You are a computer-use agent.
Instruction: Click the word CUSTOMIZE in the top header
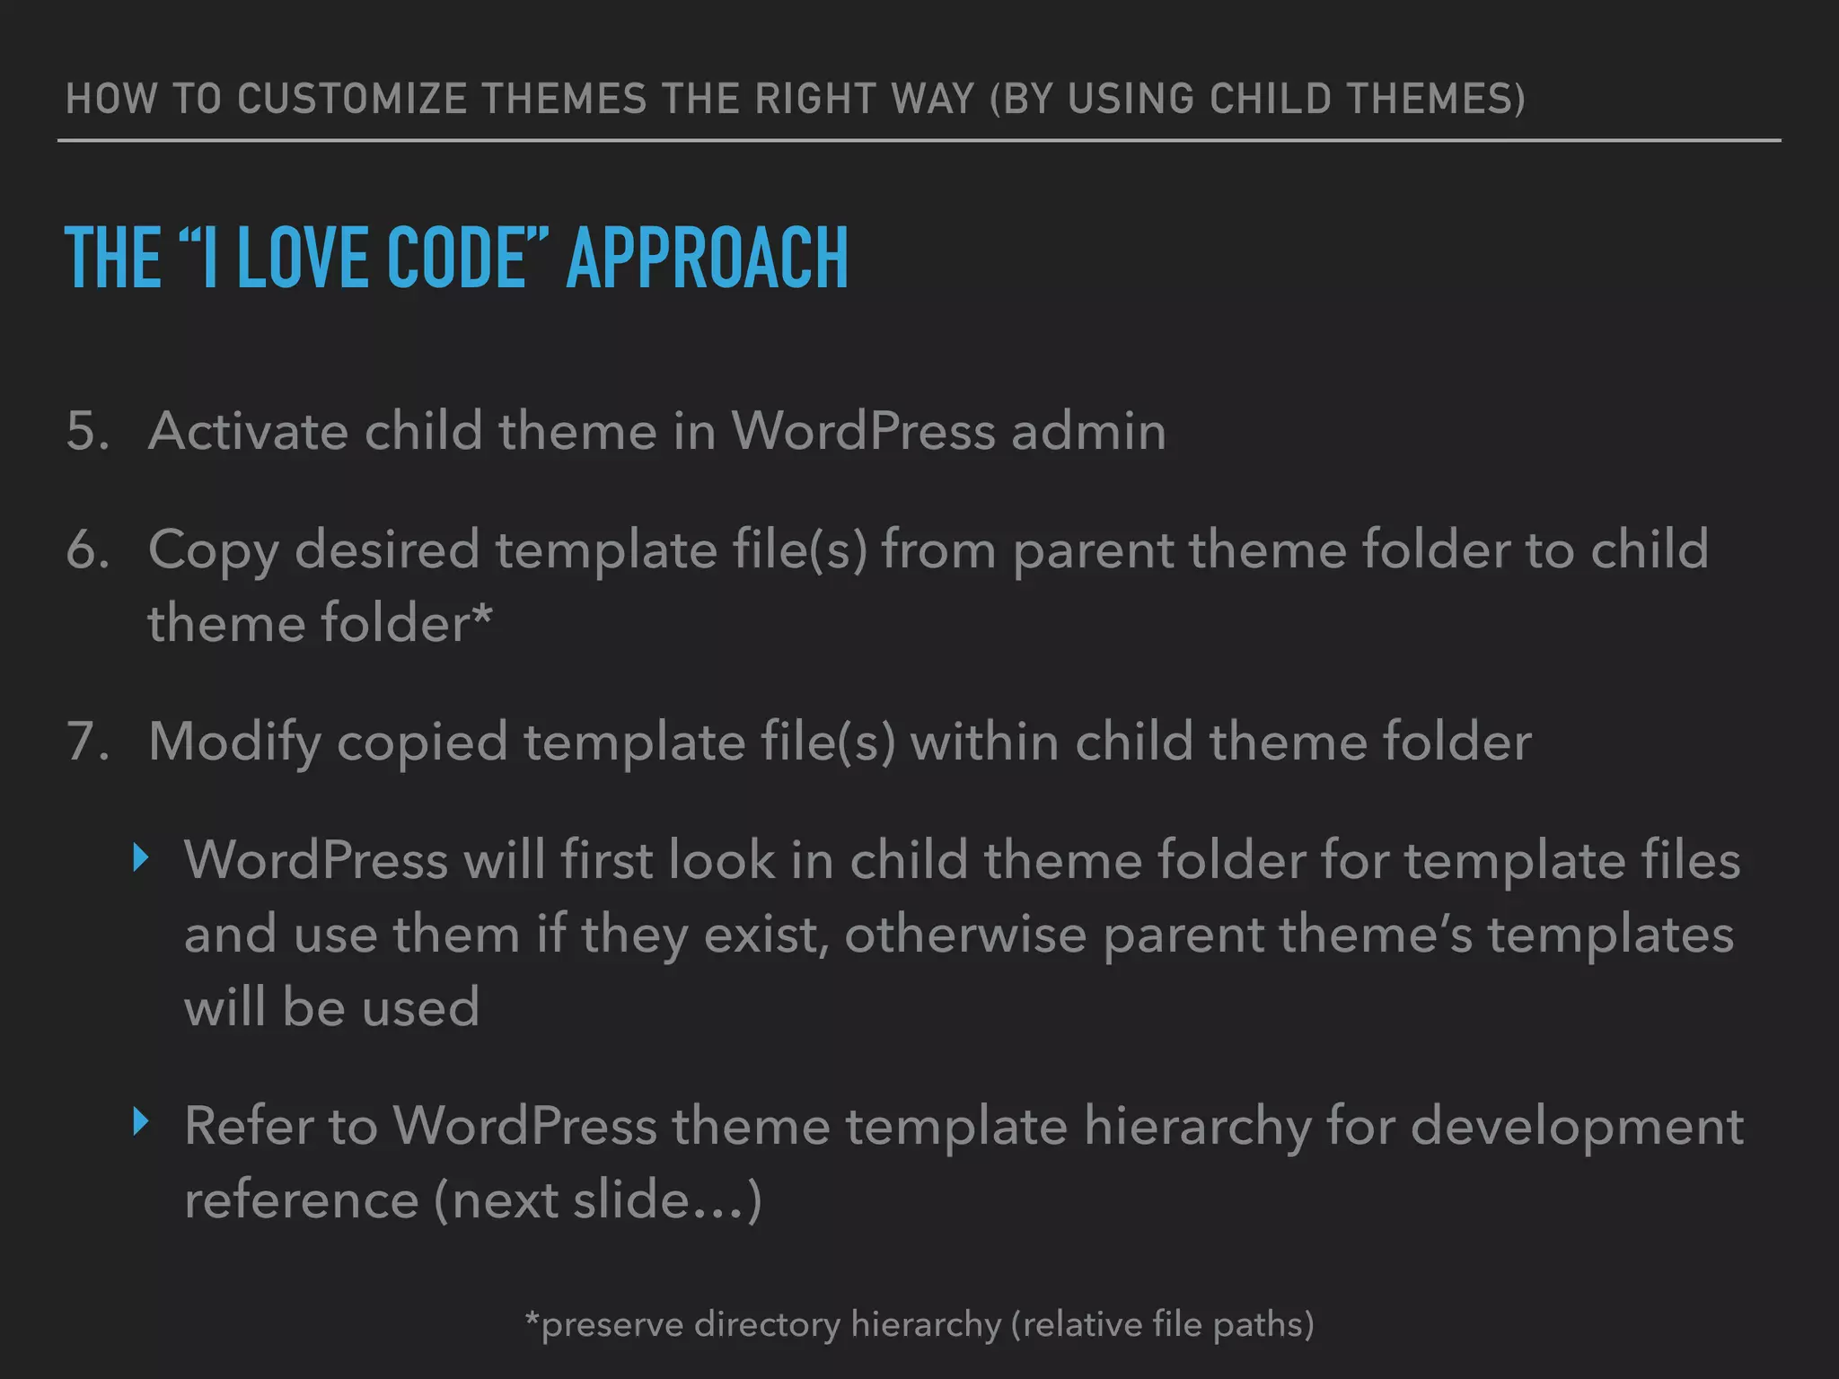pyautogui.click(x=352, y=99)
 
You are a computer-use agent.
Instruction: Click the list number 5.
pyautogui.click(x=86, y=431)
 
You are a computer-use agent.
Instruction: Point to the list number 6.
pyautogui.click(x=86, y=549)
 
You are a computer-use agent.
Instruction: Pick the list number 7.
pyautogui.click(x=86, y=742)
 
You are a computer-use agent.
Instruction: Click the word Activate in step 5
pyautogui.click(x=248, y=431)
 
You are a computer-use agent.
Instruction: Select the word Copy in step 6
pyautogui.click(x=214, y=551)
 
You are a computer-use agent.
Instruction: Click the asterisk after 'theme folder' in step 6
pyautogui.click(x=482, y=613)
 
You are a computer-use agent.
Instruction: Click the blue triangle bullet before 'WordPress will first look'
pyautogui.click(x=140, y=857)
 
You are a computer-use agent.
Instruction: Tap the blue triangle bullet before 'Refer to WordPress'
pyautogui.click(x=140, y=1121)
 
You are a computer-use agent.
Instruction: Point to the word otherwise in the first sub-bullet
pyautogui.click(x=965, y=935)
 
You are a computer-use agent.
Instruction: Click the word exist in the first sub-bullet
pyautogui.click(x=765, y=935)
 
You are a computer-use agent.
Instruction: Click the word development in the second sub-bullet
pyautogui.click(x=1577, y=1127)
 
